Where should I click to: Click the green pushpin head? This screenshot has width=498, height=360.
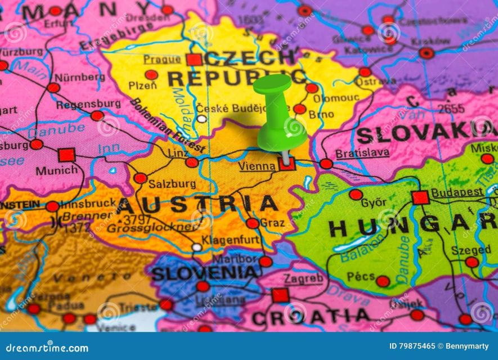[x=272, y=84]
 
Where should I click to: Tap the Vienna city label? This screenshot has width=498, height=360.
[x=257, y=166]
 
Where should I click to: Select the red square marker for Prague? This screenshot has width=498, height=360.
[x=194, y=60]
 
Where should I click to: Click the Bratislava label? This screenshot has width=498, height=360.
[x=362, y=153]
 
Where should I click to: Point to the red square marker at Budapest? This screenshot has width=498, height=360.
[x=420, y=197]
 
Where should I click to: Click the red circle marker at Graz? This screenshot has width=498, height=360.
[x=253, y=223]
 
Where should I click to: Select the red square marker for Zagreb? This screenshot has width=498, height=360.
[x=280, y=295]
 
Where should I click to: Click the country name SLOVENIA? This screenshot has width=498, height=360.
[x=204, y=274]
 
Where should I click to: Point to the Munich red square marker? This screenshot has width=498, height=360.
[x=66, y=155]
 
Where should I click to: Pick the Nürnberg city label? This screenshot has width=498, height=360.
[x=79, y=77]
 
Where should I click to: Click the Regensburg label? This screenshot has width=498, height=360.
[x=88, y=104]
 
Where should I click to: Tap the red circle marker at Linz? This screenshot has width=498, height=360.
[x=192, y=163]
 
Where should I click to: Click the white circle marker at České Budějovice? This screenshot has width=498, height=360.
[x=201, y=119]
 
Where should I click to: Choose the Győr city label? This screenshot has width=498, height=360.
[x=374, y=202]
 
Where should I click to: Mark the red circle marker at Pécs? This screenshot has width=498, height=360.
[x=383, y=281]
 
